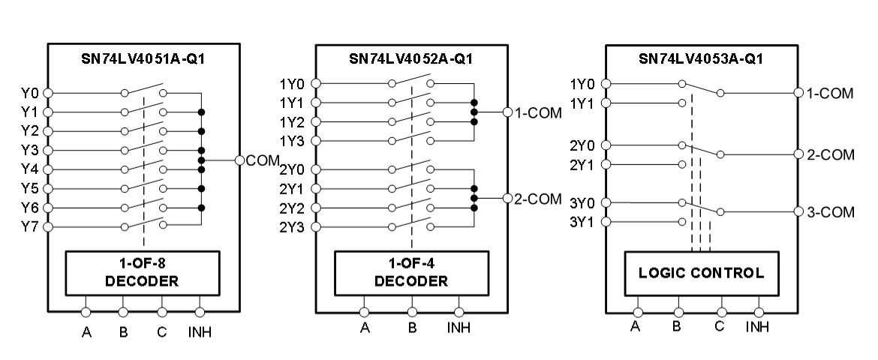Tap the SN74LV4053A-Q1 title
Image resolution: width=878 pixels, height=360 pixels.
pos(700,58)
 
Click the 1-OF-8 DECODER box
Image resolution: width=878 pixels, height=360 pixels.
pos(142,273)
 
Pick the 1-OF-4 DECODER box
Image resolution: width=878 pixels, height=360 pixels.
pos(410,273)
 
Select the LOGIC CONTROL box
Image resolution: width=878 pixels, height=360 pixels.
pos(701,273)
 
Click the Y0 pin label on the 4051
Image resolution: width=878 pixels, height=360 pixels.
pos(29,93)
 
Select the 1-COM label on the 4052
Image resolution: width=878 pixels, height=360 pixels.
pos(537,112)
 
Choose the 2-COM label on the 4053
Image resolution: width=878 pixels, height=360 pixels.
pos(830,154)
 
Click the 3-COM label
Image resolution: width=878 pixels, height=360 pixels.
pos(830,212)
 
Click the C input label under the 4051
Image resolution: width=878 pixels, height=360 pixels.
pos(161,331)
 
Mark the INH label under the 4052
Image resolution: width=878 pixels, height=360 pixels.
pos(459,328)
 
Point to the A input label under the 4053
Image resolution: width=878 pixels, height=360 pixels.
pos(636,326)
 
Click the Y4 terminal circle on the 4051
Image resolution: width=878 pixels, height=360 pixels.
pos(48,169)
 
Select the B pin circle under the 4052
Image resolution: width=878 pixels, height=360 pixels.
pos(412,311)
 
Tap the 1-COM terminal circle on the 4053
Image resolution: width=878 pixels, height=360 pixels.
pos(798,93)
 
